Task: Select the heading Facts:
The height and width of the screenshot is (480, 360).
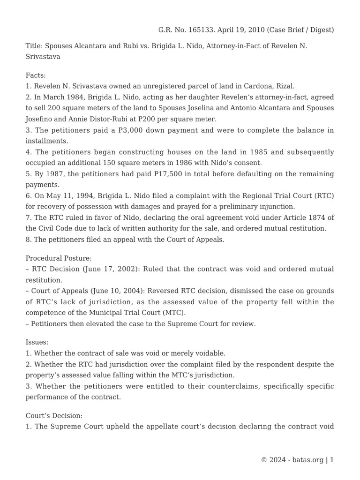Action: coord(36,75)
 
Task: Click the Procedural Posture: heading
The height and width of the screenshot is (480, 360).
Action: coord(59,258)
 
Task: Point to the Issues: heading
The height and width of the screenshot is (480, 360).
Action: coord(37,343)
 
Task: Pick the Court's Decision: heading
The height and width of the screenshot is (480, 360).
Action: coord(54,416)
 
